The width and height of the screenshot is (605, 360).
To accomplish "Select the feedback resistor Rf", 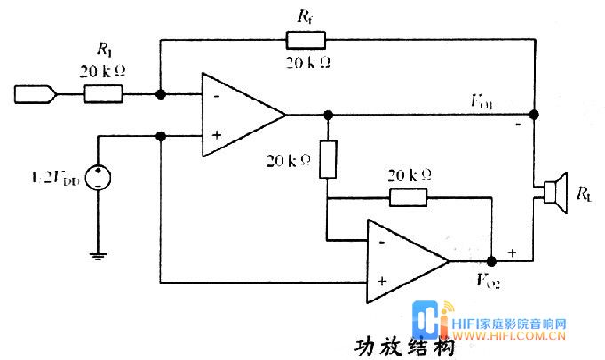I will point(305,39).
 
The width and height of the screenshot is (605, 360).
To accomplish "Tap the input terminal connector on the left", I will point(35,92).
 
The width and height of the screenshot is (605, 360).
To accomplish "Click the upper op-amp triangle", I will point(236,114).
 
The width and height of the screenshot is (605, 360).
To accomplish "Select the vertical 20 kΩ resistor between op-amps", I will point(329,158).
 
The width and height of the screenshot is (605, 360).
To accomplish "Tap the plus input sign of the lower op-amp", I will point(380,281).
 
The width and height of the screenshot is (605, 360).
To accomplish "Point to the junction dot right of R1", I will point(160,92).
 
